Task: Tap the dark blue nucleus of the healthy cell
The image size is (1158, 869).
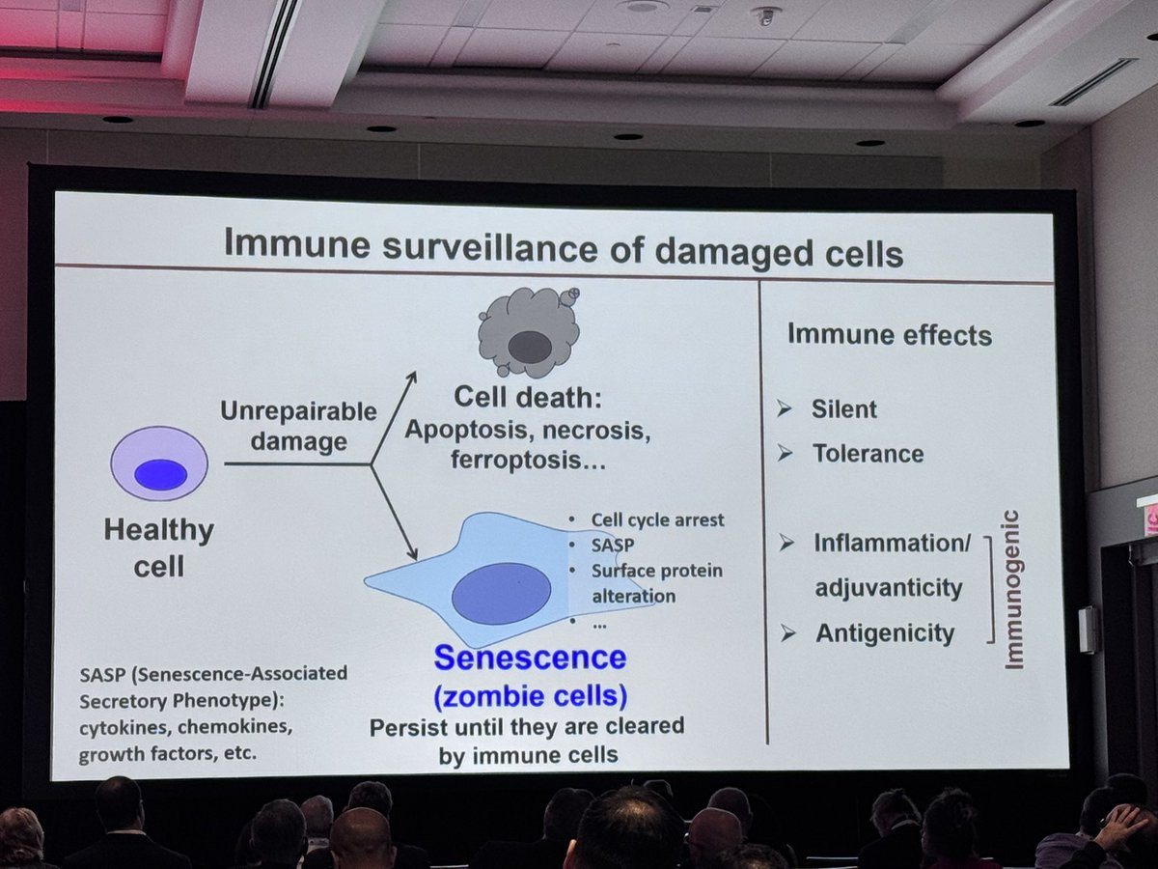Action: point(160,474)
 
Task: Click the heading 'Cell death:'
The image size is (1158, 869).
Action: point(528,397)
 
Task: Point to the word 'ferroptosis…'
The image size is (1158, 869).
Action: point(528,460)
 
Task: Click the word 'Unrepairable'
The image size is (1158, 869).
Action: point(298,411)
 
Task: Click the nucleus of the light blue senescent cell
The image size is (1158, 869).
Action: point(501,593)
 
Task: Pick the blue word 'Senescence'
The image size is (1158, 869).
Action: point(530,658)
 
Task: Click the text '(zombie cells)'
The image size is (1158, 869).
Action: point(530,696)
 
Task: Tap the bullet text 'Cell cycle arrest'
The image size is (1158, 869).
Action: point(657,520)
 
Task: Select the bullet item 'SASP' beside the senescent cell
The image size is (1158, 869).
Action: point(613,545)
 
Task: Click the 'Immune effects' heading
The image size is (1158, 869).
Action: point(890,334)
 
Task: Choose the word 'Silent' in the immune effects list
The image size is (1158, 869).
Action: point(843,408)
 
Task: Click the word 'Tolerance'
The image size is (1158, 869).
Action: point(868,453)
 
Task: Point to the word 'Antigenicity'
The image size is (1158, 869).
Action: point(885,632)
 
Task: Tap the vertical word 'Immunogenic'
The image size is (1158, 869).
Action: point(1013,589)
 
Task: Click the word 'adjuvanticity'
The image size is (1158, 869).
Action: point(889,588)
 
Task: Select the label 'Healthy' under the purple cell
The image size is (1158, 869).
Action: point(159,529)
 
